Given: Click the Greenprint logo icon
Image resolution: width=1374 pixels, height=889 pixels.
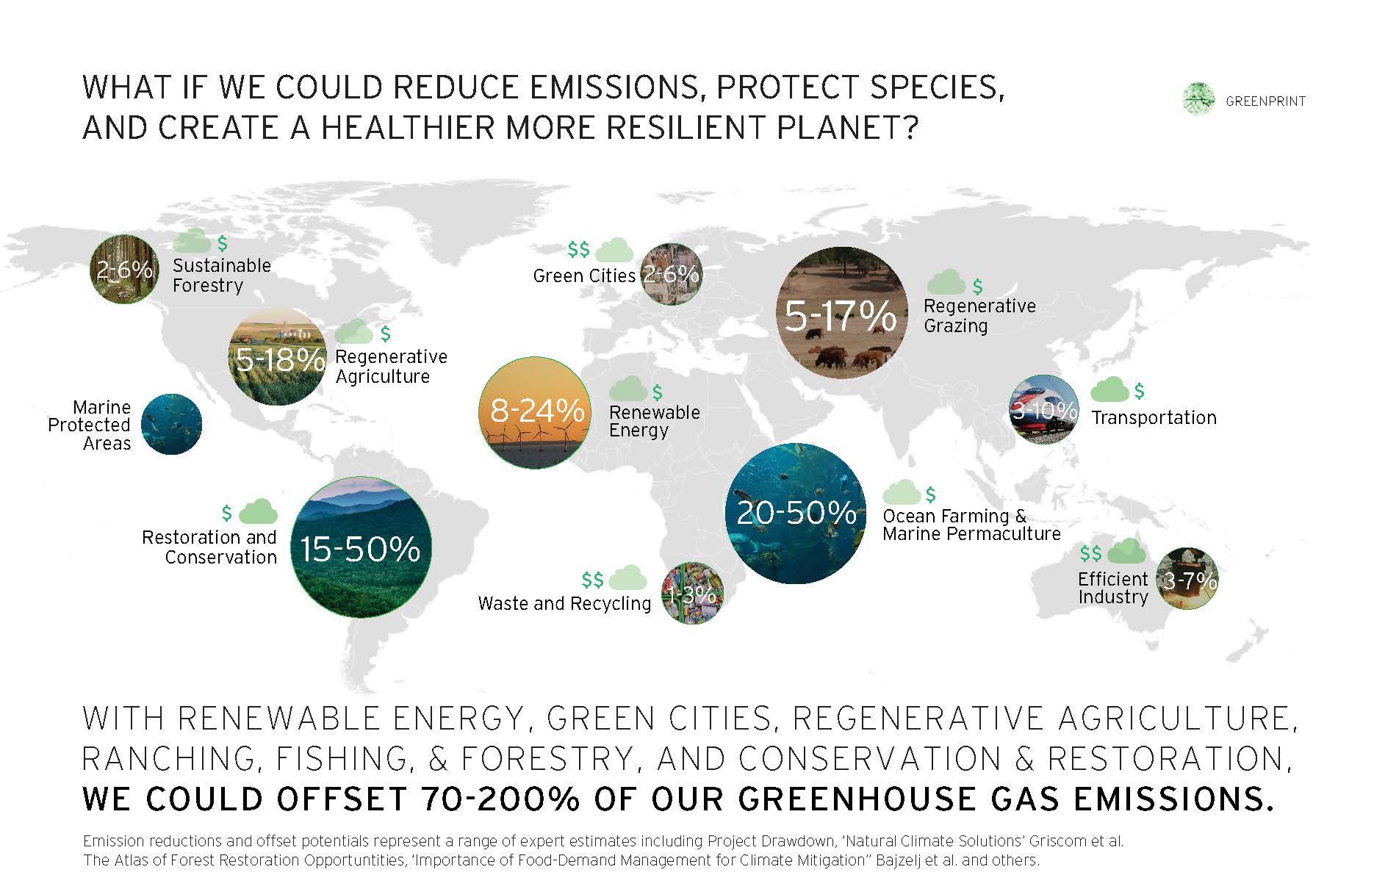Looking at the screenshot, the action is coord(1199,99).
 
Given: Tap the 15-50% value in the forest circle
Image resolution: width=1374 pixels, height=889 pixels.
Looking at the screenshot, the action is coord(360,549).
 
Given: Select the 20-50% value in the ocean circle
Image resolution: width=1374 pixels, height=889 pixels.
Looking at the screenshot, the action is coord(796,512).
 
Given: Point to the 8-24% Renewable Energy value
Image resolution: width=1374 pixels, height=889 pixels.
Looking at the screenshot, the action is coord(537,411).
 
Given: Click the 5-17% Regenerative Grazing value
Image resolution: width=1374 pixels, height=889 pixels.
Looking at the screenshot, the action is coord(841,317).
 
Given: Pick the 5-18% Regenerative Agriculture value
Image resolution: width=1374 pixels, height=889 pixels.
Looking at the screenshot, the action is coord(280,360).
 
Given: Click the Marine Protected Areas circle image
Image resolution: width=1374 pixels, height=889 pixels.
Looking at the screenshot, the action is coord(171,424).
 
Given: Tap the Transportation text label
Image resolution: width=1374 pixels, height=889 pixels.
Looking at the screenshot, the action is coord(1154,418).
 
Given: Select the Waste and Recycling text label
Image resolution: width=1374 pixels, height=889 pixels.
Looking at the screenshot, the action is coord(564,603).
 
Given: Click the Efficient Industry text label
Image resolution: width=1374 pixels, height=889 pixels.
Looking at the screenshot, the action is coord(1112,588).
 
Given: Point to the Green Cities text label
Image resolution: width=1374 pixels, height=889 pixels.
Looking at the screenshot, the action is coord(584,276).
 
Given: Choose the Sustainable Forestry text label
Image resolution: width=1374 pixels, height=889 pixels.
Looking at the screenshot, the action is coord(222,275).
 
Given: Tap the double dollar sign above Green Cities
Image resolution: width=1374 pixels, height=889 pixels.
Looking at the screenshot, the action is coord(578,250).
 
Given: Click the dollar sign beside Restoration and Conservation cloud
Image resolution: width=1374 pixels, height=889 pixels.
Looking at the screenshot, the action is coord(227,513).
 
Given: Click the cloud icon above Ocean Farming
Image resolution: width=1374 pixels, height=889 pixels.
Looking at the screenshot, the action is coord(902,492).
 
